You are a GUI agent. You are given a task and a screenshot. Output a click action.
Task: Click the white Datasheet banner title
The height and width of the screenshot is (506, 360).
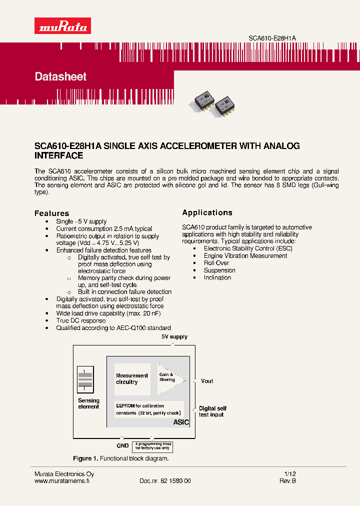coord(60,76)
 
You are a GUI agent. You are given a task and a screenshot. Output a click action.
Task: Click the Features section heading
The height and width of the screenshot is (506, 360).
coord(51,213)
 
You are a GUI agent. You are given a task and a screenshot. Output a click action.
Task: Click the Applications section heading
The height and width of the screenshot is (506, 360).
coord(207,212)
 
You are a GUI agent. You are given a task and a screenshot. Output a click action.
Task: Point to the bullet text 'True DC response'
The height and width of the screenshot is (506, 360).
coord(80,320)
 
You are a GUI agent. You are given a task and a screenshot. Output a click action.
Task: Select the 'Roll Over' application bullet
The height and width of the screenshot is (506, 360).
coord(216,263)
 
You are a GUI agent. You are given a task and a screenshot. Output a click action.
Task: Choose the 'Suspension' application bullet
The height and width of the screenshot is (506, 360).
coord(219,270)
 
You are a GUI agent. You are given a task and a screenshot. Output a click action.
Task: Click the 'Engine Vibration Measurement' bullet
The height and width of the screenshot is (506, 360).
coord(245,255)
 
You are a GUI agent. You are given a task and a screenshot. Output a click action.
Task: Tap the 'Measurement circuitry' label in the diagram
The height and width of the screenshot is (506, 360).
coord(131,378)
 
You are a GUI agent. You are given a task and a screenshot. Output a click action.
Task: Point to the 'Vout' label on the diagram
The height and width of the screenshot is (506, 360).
coord(206,381)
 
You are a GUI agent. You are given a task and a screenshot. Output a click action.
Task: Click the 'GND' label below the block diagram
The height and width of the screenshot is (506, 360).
coord(122,445)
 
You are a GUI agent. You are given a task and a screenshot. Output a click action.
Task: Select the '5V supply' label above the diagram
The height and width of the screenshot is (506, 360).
coord(174,337)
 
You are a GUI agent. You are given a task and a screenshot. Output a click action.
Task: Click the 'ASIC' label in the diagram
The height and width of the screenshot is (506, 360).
coord(180,422)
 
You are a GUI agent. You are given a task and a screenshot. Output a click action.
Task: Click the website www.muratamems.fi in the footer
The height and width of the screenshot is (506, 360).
coord(61,481)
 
